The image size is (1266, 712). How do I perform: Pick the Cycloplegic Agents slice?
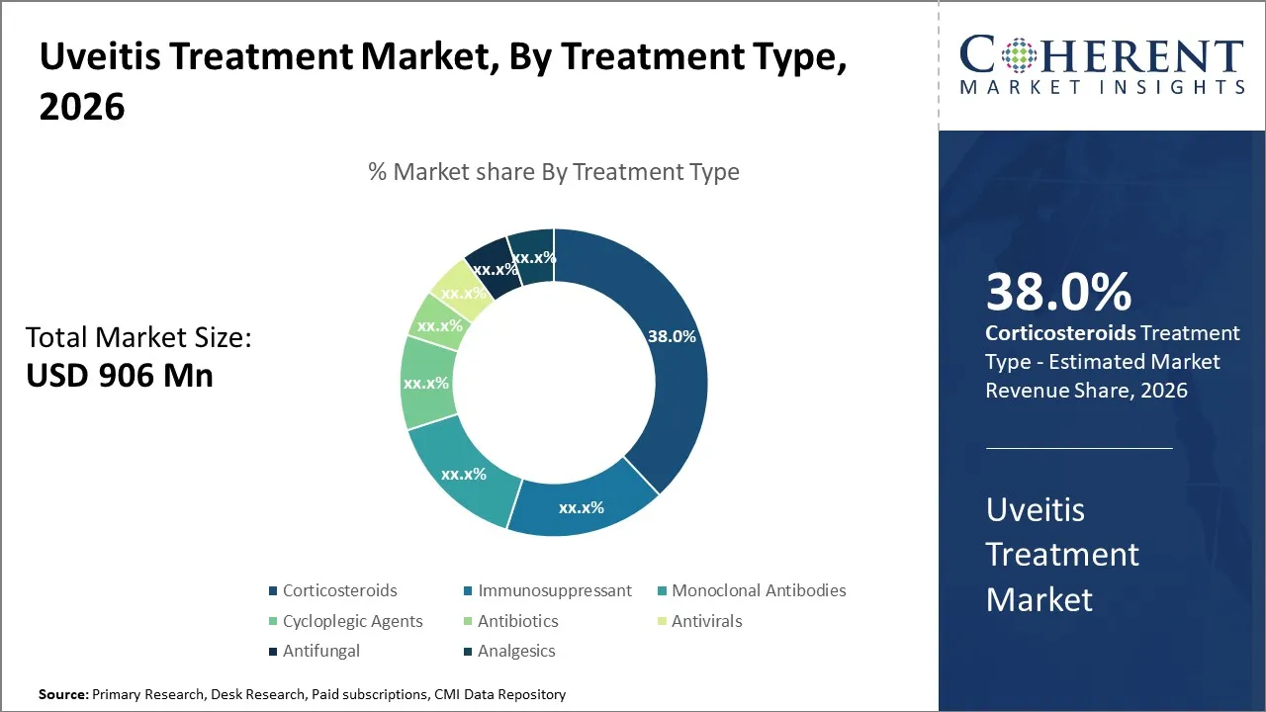[x=427, y=383]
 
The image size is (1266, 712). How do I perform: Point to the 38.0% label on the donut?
[x=672, y=336]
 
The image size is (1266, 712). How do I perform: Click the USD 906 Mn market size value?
[x=119, y=376]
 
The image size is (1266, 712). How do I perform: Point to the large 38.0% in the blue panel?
[x=1058, y=293]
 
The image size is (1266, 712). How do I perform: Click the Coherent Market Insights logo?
[x=1101, y=65]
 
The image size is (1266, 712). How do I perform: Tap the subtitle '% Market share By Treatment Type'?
[x=554, y=172]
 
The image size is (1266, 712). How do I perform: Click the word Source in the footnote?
[x=63, y=694]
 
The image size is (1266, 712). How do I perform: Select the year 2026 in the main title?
[x=82, y=107]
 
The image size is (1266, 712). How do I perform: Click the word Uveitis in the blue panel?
[x=1036, y=510]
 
